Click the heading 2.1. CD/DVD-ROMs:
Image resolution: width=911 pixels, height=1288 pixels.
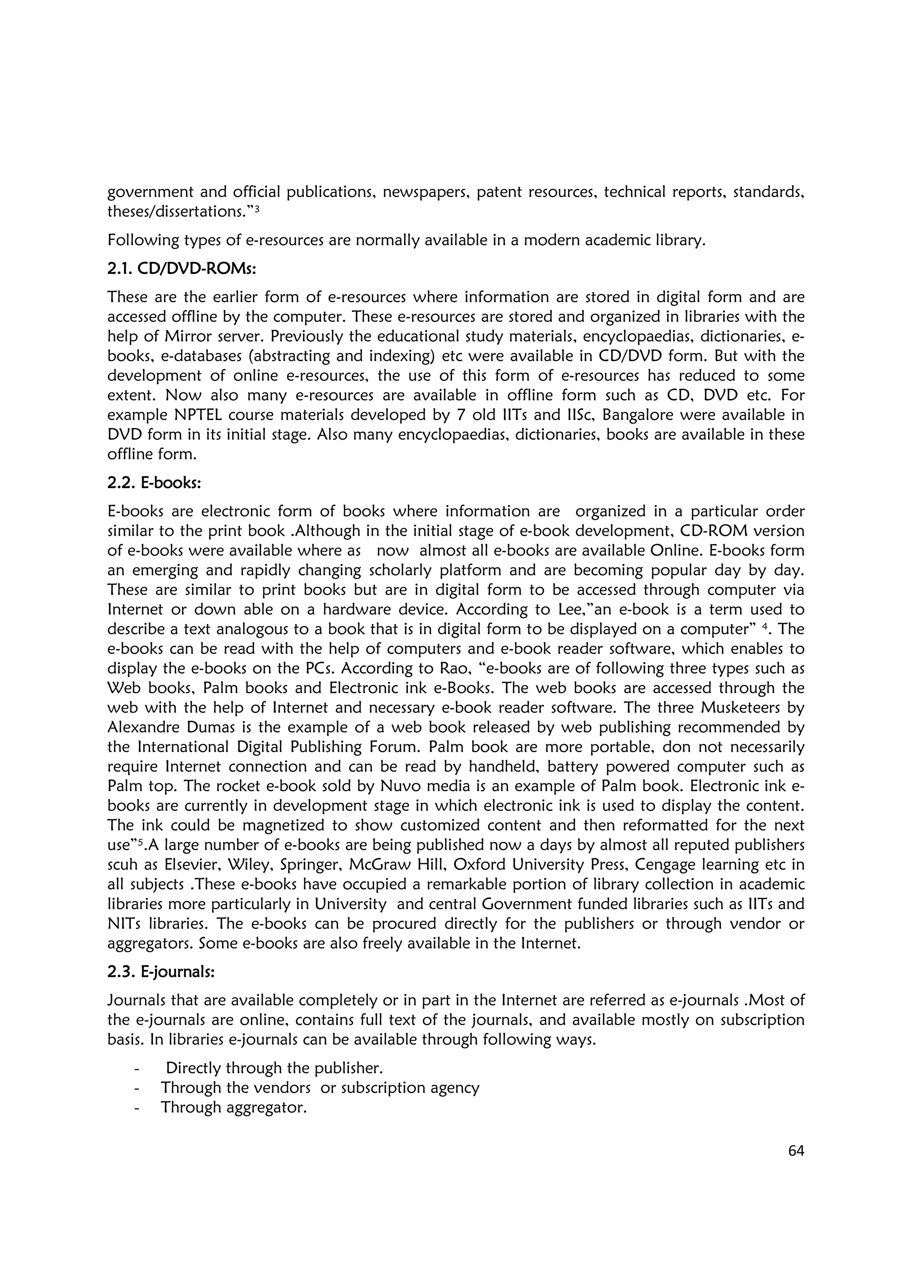(181, 269)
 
